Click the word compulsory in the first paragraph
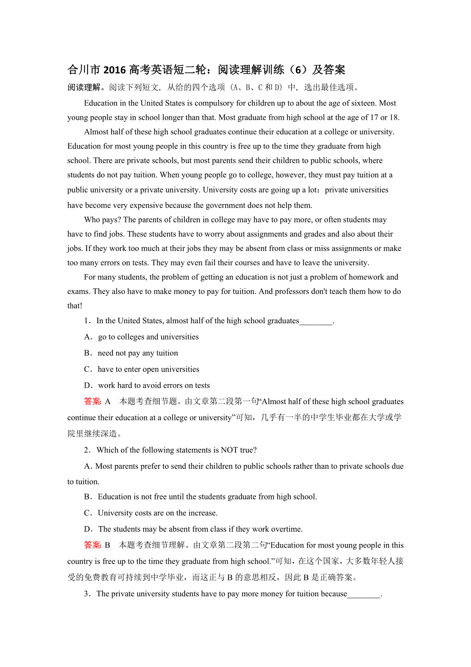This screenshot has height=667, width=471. pos(217,103)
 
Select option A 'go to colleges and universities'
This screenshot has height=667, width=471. pos(148,337)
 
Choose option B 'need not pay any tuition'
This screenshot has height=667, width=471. pos(138,353)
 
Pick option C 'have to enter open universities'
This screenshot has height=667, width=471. pos(148,369)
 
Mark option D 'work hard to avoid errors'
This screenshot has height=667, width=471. pos(154,385)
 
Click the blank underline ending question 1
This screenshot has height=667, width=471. pos(316,321)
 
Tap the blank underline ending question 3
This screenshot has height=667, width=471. pos(364,594)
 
